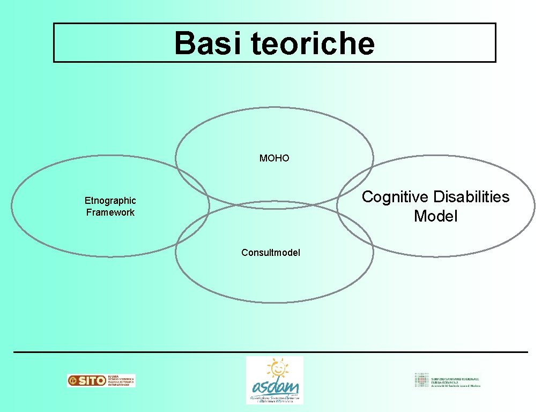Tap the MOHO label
tap(274, 158)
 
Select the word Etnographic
tap(110, 201)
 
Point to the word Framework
tap(110, 212)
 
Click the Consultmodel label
tap(271, 253)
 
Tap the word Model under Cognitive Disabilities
tap(435, 217)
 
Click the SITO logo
tap(101, 380)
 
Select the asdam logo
tap(274, 380)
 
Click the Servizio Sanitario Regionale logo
tap(448, 380)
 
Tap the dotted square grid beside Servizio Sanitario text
tap(421, 380)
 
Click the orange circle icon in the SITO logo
tap(72, 381)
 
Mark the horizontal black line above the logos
tap(271, 352)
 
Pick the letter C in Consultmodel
tap(244, 253)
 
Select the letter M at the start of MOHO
tap(263, 158)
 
